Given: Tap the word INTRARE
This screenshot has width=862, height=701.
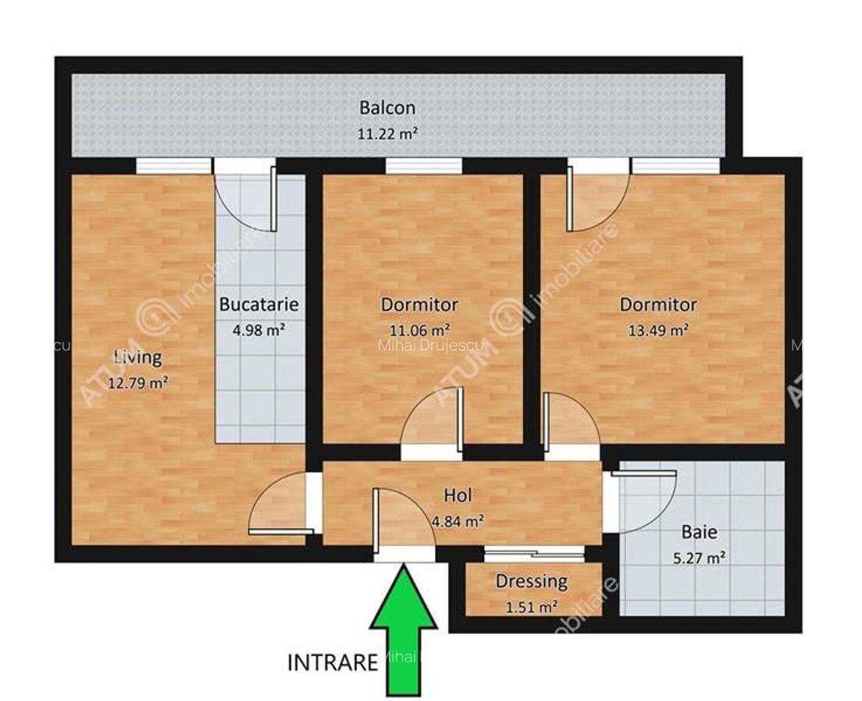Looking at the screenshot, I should point(333,663).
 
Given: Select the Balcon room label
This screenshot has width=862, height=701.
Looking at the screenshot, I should point(387,107).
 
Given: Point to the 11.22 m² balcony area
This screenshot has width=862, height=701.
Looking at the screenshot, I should point(387,133).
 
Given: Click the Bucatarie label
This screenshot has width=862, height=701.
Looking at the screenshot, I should point(259,305).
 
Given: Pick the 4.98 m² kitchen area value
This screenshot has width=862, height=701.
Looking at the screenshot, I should point(258,329).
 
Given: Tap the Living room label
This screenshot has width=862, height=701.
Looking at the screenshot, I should point(138,358).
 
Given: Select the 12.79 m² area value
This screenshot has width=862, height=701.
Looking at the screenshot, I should point(138,382).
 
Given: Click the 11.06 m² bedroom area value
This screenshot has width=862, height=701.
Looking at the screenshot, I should point(419,329).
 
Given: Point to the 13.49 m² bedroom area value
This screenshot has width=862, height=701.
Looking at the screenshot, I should point(658,329).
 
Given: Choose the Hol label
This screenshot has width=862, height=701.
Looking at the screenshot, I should point(458,495).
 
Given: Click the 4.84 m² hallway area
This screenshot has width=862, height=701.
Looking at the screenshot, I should point(457,521).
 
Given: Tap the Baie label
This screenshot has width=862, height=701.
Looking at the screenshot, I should point(699,533).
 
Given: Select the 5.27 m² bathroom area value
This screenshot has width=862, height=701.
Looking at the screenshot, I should point(698,558).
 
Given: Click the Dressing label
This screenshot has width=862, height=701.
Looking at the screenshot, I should point(532,581).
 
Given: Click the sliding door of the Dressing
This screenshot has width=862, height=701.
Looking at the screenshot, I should point(534,554).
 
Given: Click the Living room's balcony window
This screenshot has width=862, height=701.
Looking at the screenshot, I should point(173,165).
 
